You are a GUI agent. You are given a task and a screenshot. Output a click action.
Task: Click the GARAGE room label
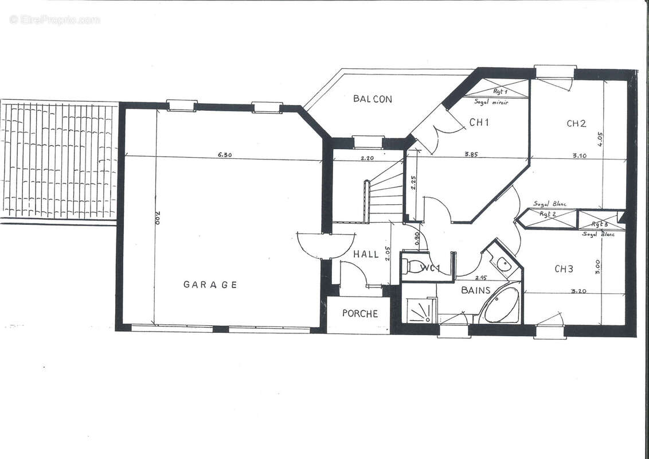tap(210, 284)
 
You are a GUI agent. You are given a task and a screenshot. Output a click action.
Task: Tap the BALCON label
tap(373, 99)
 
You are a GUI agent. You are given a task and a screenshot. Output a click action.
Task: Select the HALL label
tap(366, 254)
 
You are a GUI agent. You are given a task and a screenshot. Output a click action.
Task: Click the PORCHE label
tap(360, 313)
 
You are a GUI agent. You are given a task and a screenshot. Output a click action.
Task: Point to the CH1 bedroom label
tap(479, 122)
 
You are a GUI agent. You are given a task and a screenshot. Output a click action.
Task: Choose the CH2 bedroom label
tap(576, 123)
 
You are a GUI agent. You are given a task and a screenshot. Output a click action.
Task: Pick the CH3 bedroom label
tap(564, 269)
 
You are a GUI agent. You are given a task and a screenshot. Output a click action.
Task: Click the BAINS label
tap(476, 290)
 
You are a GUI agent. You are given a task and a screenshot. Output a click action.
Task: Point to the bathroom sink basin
tap(503, 264)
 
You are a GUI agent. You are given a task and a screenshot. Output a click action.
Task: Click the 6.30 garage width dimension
tap(224, 154)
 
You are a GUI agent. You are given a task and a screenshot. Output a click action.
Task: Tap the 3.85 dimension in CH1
tap(471, 154)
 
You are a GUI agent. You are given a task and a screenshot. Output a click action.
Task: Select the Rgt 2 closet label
tap(548, 214)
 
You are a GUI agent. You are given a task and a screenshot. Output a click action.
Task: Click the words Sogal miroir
tap(491, 102)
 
